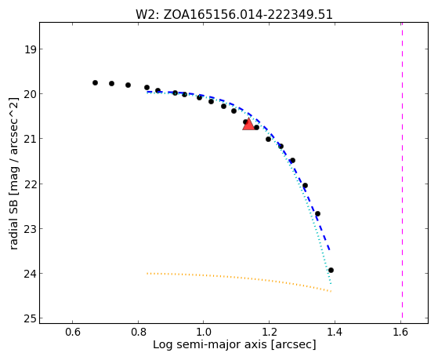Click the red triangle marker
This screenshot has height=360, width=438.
click(248, 124)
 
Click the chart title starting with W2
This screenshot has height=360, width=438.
click(234, 14)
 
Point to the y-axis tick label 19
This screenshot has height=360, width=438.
click(30, 49)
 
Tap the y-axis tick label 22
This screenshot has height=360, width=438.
click(30, 184)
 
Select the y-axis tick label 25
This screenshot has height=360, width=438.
click(30, 318)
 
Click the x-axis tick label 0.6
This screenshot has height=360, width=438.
click(73, 332)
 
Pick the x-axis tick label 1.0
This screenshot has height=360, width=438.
click(204, 332)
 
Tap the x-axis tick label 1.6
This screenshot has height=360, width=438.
click(400, 332)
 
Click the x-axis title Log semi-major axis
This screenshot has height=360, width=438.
click(209, 345)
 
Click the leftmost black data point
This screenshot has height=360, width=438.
click(95, 83)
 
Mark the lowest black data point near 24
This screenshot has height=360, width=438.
click(331, 271)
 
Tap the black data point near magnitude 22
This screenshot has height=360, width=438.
click(305, 185)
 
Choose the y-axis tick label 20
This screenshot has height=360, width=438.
click(30, 94)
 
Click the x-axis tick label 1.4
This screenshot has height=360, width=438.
click(335, 332)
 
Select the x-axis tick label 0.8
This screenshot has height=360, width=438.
click(138, 332)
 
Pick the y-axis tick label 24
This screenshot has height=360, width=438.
click(30, 273)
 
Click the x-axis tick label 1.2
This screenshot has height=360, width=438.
click(269, 332)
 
